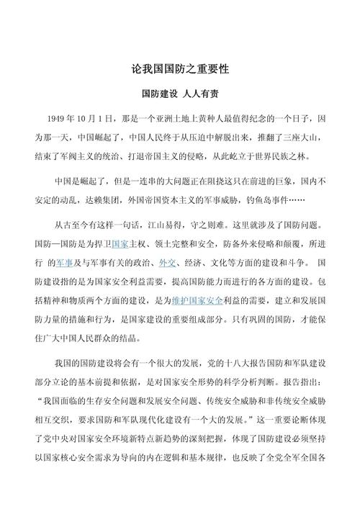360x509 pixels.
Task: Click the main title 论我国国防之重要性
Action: click(x=180, y=69)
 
